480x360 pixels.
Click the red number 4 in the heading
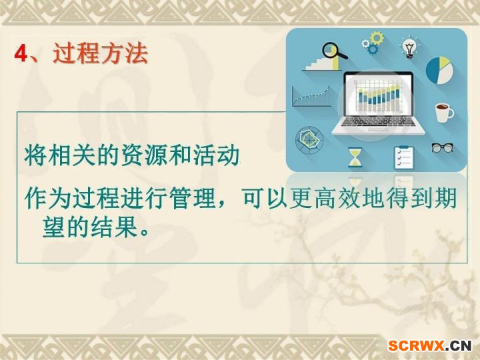(21, 53)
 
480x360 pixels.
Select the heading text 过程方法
(101, 53)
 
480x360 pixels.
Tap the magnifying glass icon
(334, 51)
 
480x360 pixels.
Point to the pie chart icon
(439, 70)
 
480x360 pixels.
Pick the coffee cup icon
(444, 113)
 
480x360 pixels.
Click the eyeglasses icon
(443, 148)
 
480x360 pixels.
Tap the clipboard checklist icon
(404, 157)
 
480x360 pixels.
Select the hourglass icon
(355, 157)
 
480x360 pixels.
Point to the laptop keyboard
(379, 121)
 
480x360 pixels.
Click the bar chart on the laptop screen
(379, 96)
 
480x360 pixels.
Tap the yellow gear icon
(377, 37)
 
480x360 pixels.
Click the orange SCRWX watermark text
(416, 346)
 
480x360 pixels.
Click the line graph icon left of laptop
(311, 97)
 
